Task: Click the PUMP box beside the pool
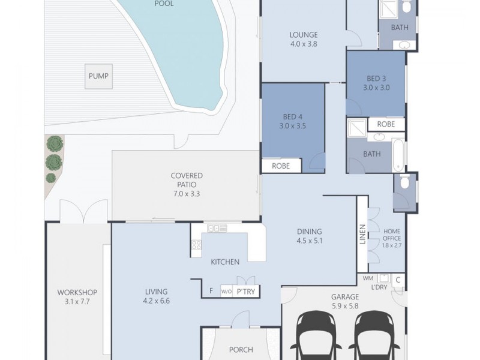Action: pos(98,76)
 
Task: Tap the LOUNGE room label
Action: pos(304,35)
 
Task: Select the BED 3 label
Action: pos(376,79)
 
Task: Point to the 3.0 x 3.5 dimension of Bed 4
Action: pos(292,126)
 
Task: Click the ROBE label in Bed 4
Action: pos(281,166)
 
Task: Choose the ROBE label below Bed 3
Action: pos(386,124)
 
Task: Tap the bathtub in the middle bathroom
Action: pos(398,155)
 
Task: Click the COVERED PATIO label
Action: pos(187,180)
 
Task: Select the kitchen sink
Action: pos(217,228)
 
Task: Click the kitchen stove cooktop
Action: pos(197,245)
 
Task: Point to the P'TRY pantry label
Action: pos(246,292)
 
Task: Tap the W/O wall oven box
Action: pos(227,292)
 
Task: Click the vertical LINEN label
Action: pos(362,234)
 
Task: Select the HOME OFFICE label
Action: pos(392,235)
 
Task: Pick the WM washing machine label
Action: pos(368,278)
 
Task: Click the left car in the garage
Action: pos(316,335)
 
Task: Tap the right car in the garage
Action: pos(374,335)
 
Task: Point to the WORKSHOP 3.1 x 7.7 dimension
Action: pos(77,302)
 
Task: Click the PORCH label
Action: pos(241,350)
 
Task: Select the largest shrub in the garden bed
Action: pos(54,162)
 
